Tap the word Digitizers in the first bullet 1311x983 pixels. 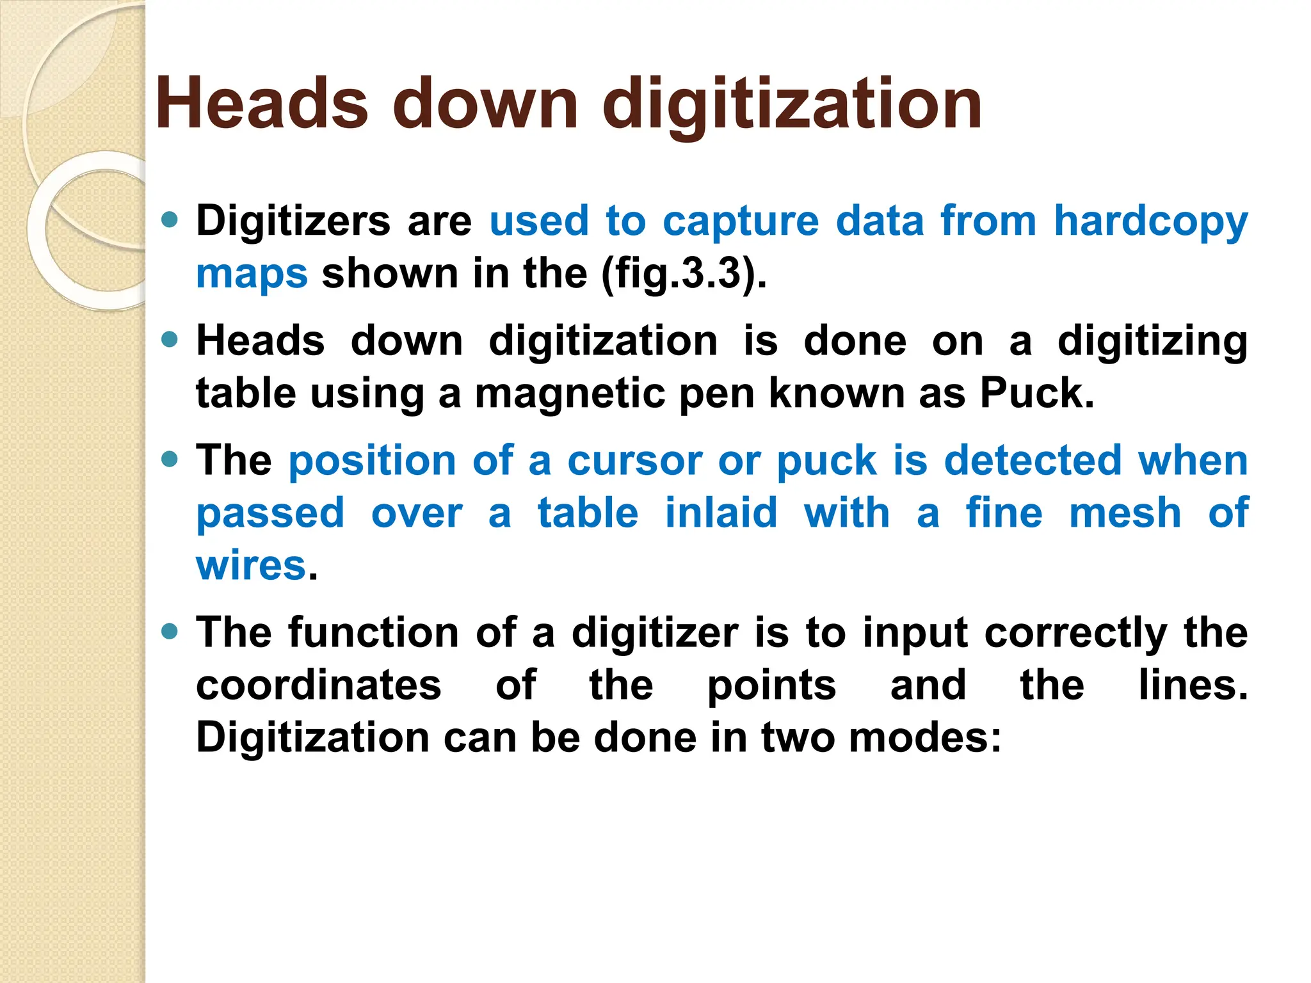[x=293, y=221]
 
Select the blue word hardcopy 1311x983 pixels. [x=1151, y=221]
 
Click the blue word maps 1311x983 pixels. [x=252, y=274]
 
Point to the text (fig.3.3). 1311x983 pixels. [x=684, y=274]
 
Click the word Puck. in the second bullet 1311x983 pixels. [x=1037, y=393]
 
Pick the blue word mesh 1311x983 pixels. [x=1125, y=513]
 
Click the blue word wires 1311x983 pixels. [x=252, y=566]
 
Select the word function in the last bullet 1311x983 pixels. [x=373, y=633]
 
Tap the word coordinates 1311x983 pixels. [x=319, y=685]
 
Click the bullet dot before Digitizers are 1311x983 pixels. [x=170, y=220]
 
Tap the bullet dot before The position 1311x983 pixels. [x=170, y=460]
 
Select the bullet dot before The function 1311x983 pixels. [x=170, y=632]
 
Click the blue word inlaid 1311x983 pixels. [x=721, y=513]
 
